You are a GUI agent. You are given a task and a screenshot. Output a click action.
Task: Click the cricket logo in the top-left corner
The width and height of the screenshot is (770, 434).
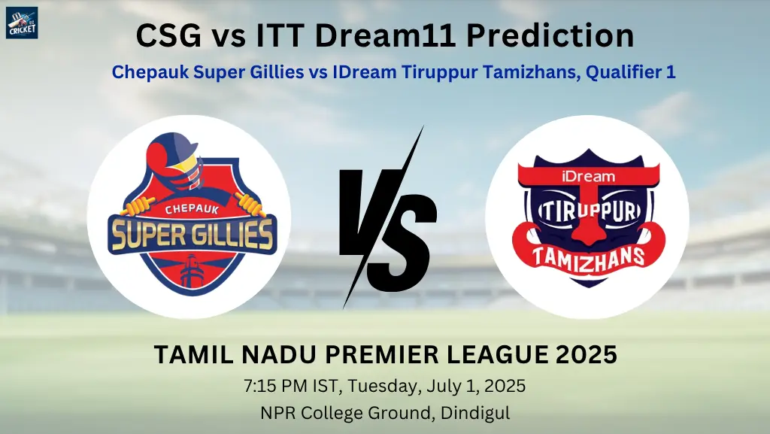pyautogui.click(x=22, y=23)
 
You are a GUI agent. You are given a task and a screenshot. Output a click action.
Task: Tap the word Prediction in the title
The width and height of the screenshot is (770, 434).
pyautogui.click(x=550, y=36)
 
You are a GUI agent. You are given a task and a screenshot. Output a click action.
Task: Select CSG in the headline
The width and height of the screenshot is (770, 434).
pyautogui.click(x=168, y=36)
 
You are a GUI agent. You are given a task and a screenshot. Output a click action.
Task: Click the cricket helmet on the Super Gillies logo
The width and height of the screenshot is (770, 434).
pyautogui.click(x=174, y=159)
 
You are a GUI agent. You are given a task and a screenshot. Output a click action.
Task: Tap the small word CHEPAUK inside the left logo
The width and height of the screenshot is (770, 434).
pyautogui.click(x=192, y=209)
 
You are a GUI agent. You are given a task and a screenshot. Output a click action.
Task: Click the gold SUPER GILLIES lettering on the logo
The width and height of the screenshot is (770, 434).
pyautogui.click(x=192, y=234)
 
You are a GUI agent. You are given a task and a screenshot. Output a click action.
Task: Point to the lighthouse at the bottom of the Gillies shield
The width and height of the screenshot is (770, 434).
pyautogui.click(x=192, y=272)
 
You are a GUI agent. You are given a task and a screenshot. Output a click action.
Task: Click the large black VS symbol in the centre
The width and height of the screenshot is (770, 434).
pyautogui.click(x=387, y=217)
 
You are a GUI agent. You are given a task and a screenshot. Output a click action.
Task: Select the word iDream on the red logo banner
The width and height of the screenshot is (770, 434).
pyautogui.click(x=588, y=176)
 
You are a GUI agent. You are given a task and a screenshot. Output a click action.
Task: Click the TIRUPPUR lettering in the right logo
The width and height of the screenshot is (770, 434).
pyautogui.click(x=590, y=211)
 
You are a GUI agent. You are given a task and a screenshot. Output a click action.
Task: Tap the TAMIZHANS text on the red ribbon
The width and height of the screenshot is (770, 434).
pyautogui.click(x=588, y=256)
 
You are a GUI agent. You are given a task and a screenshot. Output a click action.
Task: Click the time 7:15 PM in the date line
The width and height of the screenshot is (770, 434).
pyautogui.click(x=276, y=386)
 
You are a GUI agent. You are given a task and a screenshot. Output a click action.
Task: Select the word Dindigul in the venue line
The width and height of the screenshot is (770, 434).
pyautogui.click(x=475, y=413)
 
